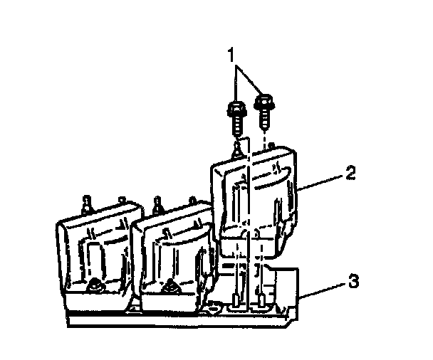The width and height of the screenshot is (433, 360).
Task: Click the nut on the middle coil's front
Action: point(170,287)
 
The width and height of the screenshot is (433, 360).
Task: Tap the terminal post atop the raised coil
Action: point(237,149)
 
